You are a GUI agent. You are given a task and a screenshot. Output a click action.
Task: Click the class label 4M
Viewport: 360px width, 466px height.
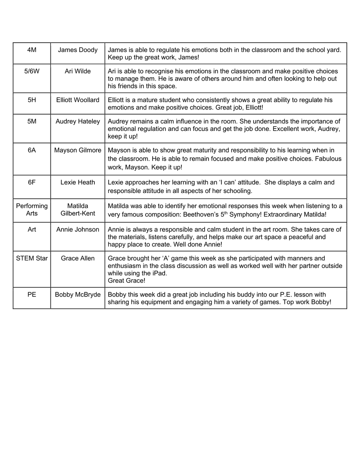pos(32,50)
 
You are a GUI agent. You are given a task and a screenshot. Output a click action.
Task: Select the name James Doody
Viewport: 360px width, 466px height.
pos(78,50)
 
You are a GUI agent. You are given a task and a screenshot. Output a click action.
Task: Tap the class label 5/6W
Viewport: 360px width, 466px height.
pos(32,71)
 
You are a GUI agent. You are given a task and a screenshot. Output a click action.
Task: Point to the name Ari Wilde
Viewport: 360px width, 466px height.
pos(78,71)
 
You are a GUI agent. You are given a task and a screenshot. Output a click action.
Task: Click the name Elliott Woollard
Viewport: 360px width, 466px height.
pos(78,100)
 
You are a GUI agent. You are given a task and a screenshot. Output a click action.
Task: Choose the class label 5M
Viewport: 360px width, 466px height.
pos(32,121)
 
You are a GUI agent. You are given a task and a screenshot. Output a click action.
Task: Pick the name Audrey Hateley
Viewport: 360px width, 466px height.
pos(78,121)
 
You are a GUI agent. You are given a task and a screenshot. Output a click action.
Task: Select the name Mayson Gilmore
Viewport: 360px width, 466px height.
pos(78,150)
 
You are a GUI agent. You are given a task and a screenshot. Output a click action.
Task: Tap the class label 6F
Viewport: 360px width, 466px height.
pos(32,182)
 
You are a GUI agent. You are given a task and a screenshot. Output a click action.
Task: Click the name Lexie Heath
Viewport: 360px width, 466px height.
pos(78,182)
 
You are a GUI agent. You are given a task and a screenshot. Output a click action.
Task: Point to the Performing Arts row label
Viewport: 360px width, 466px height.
pos(32,210)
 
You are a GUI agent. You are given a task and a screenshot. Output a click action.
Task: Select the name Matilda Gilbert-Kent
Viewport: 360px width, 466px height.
pos(78,210)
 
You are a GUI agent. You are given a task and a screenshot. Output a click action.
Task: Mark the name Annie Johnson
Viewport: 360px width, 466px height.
pos(78,230)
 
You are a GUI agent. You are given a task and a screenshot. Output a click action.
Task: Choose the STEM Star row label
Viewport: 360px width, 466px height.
pos(32,258)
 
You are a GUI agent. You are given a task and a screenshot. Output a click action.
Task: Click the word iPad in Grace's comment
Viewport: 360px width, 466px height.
pos(158,273)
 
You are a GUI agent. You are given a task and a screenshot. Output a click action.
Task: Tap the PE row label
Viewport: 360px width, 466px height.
pos(32,294)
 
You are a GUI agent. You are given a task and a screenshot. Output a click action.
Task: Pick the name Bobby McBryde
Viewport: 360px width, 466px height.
pos(78,294)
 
